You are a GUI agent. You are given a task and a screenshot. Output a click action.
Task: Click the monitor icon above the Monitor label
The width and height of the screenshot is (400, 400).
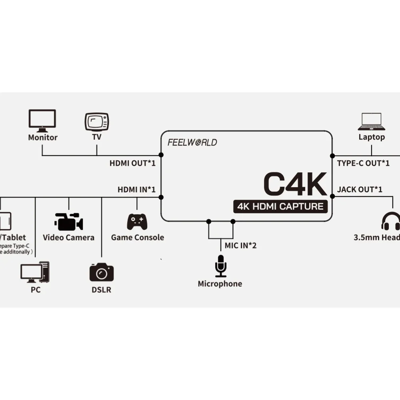42,120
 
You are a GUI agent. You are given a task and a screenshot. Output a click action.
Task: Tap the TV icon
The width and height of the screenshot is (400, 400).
96,122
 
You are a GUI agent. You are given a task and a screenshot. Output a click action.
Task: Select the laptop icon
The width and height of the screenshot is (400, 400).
372,121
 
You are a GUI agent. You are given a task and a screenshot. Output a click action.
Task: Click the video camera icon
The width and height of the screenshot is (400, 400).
68,222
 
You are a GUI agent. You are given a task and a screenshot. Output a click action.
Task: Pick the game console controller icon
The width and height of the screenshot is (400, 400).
137,222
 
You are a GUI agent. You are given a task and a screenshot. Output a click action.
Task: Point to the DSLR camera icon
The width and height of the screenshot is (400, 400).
101,272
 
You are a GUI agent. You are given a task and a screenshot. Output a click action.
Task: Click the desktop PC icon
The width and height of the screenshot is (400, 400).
35,272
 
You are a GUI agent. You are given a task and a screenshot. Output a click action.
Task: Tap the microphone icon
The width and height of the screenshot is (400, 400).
220,266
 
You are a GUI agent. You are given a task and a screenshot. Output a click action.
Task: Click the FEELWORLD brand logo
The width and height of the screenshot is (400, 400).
192,142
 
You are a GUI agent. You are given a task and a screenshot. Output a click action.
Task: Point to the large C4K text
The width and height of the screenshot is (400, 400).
295,184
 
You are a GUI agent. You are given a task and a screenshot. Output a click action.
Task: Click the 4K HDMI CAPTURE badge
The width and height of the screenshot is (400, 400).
280,206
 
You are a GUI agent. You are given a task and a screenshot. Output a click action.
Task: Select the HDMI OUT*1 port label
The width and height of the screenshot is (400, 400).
132,163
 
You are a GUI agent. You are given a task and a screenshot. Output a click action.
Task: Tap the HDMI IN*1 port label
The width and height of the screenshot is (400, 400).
136,189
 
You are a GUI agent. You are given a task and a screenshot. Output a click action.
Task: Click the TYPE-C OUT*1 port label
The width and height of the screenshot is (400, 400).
363,163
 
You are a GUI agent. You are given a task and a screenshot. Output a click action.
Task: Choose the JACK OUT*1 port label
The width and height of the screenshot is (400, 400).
360,189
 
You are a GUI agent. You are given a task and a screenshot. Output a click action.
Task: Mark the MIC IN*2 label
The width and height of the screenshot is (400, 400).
240,245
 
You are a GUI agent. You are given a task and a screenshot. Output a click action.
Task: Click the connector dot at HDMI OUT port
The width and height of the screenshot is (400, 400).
161,155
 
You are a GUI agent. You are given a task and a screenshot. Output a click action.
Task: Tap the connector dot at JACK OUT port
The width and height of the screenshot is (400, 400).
332,196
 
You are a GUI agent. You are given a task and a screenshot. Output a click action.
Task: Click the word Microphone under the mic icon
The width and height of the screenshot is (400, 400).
220,284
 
